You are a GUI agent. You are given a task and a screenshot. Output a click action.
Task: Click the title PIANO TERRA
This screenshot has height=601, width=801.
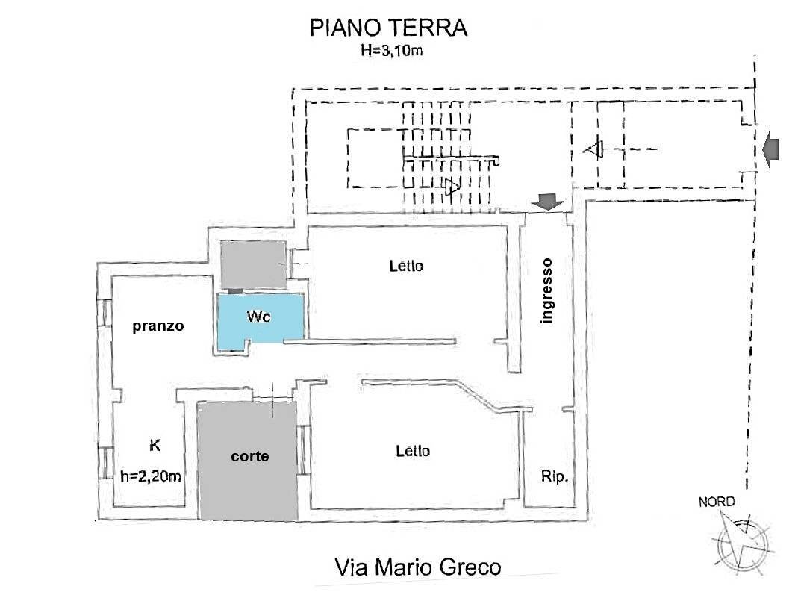(387, 28)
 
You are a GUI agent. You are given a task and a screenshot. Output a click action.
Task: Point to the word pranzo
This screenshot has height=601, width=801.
(158, 326)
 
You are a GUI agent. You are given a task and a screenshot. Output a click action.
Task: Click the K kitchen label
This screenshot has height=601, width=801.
(155, 446)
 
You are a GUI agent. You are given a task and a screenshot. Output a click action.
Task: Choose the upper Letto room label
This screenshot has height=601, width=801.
(406, 265)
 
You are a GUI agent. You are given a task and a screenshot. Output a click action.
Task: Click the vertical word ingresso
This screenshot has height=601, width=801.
(547, 290)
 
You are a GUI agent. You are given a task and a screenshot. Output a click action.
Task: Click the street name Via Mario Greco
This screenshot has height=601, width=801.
(417, 567)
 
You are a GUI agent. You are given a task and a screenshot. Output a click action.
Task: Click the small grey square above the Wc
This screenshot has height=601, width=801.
(253, 264)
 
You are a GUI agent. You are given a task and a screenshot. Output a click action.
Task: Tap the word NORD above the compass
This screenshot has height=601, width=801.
(716, 502)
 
